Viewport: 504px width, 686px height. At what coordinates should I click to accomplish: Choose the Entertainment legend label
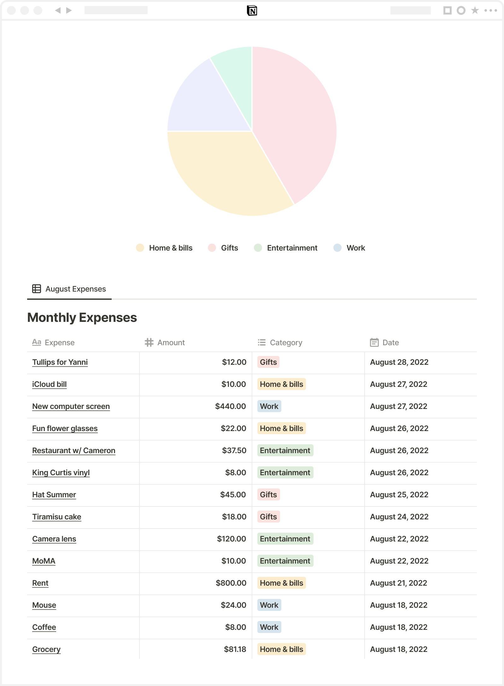coord(292,248)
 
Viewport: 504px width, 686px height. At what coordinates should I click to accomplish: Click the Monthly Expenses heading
coord(82,317)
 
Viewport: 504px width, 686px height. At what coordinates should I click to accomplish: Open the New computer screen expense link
coord(71,406)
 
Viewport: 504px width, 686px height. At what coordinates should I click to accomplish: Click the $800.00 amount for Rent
coord(231,583)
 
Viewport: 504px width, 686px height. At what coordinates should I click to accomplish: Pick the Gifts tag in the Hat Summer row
coord(268,495)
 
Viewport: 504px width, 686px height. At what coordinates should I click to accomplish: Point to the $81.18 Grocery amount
coord(235,649)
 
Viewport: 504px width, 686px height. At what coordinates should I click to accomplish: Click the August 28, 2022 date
coord(399,362)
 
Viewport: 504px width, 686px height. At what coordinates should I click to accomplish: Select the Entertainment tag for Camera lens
coord(285,539)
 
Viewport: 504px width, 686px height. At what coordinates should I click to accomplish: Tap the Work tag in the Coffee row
coord(269,627)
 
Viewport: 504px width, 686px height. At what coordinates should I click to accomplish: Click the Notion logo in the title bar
coord(252,11)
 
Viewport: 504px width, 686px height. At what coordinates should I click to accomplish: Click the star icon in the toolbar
coord(475,11)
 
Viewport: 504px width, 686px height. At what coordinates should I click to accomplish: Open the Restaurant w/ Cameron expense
coord(74,451)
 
